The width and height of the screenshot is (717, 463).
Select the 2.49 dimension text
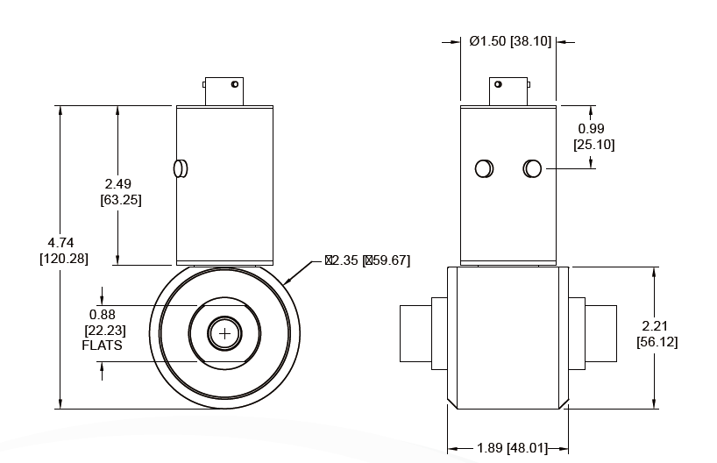point(117,184)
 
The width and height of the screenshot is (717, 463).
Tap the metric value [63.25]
point(121,199)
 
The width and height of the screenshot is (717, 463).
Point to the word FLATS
point(103,345)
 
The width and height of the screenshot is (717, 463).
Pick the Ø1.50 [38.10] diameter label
point(510,41)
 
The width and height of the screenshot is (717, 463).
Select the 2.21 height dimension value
point(657,326)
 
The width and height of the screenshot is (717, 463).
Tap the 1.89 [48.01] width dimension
point(509,448)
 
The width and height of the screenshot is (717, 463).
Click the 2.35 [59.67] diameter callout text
point(367,260)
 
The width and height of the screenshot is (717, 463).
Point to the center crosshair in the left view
point(225,333)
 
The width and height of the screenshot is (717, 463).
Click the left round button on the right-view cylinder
point(484,168)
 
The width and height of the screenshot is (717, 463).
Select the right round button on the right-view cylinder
point(532,168)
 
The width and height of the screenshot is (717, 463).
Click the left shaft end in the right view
point(415,333)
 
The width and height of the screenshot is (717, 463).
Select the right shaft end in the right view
point(600,333)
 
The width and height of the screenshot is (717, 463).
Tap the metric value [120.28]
point(64,259)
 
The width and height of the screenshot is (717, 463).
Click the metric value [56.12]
point(657,341)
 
